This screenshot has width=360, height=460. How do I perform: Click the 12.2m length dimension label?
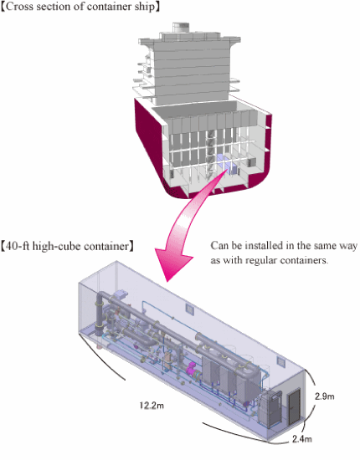click(x=152, y=406)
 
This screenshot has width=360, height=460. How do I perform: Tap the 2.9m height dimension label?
click(x=325, y=396)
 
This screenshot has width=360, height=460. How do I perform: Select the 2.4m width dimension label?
click(x=302, y=439)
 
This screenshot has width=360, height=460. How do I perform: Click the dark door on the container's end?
click(x=295, y=406)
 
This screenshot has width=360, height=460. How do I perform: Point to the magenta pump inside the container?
click(x=192, y=369)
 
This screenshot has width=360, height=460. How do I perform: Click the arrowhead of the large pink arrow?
click(x=172, y=264)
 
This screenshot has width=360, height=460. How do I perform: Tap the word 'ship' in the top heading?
click(x=145, y=7)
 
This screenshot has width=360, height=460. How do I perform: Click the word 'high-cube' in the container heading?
click(x=56, y=246)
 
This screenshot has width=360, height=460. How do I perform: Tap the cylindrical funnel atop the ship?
click(x=181, y=27)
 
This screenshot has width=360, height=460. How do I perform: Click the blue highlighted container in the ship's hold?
click(x=228, y=165)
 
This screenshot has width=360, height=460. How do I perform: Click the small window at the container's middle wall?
click(x=190, y=309)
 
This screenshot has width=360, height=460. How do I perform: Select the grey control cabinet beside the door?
click(x=270, y=409)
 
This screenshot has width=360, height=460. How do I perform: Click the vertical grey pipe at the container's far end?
click(x=99, y=314)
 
